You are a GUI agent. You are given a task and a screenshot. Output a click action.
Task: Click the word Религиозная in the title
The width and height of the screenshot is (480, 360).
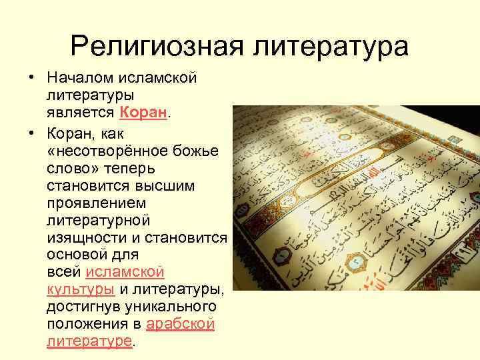155,46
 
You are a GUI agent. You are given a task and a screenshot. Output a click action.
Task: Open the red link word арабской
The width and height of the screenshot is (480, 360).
180,325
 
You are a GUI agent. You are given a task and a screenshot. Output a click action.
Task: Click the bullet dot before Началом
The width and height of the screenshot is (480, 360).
31,79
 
